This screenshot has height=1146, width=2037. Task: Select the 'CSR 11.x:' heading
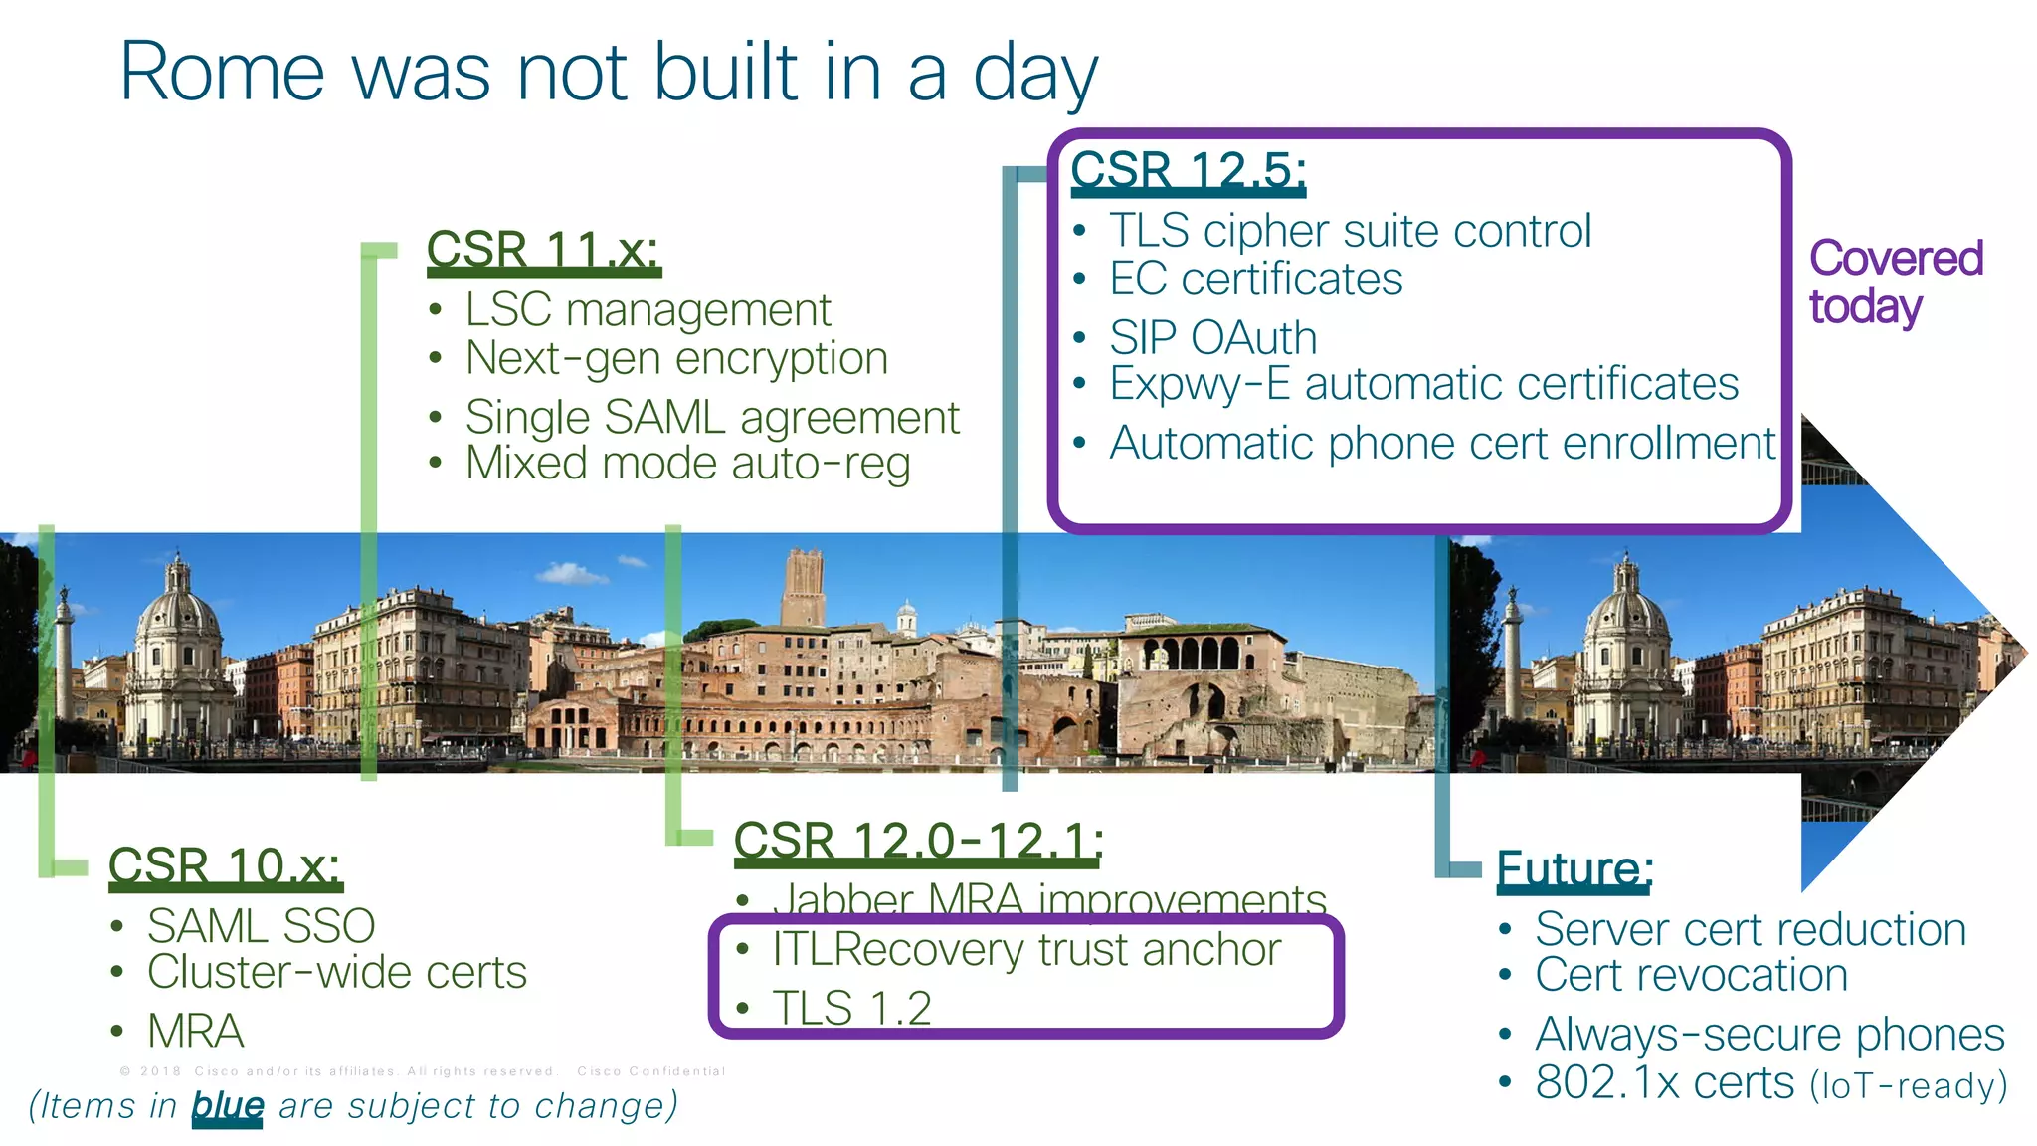click(x=542, y=249)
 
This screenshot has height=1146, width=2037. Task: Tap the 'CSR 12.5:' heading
click(x=1188, y=170)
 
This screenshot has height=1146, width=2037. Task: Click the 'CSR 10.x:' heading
click(x=224, y=865)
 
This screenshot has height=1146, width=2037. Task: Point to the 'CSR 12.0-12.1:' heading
click(x=918, y=841)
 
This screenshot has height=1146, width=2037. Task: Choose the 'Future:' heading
click(x=1574, y=868)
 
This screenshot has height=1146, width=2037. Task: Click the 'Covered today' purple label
click(x=1895, y=282)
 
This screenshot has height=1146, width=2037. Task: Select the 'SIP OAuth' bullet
click(x=1212, y=338)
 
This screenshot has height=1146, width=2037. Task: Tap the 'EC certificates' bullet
click(x=1255, y=280)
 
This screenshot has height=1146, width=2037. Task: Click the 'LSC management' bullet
click(x=648, y=310)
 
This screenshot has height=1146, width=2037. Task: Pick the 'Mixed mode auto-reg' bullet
click(x=687, y=464)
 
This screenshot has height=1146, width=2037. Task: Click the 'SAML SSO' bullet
click(x=261, y=926)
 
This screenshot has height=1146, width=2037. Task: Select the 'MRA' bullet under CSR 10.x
click(x=196, y=1031)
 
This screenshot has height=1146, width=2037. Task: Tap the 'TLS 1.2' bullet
click(x=851, y=1008)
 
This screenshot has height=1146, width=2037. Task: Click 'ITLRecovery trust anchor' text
click(x=1026, y=950)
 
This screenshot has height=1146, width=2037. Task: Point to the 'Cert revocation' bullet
click(x=1691, y=976)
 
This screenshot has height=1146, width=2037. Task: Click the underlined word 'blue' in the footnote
click(x=227, y=1105)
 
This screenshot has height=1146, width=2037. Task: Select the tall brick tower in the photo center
click(x=804, y=587)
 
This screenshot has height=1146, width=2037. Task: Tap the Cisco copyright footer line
click(x=423, y=1071)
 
